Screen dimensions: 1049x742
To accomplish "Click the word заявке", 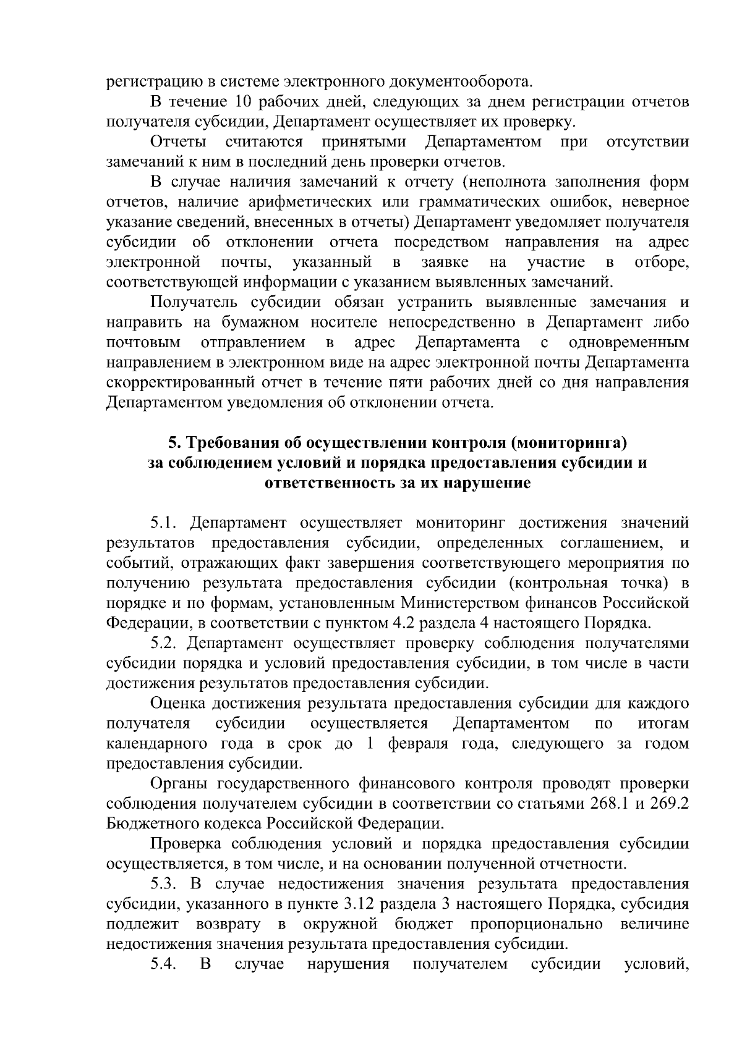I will [445, 262].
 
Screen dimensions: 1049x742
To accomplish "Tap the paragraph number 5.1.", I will [164, 523].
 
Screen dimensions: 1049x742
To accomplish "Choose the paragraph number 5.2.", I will [164, 643].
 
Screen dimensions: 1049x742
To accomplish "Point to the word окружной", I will [340, 924].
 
